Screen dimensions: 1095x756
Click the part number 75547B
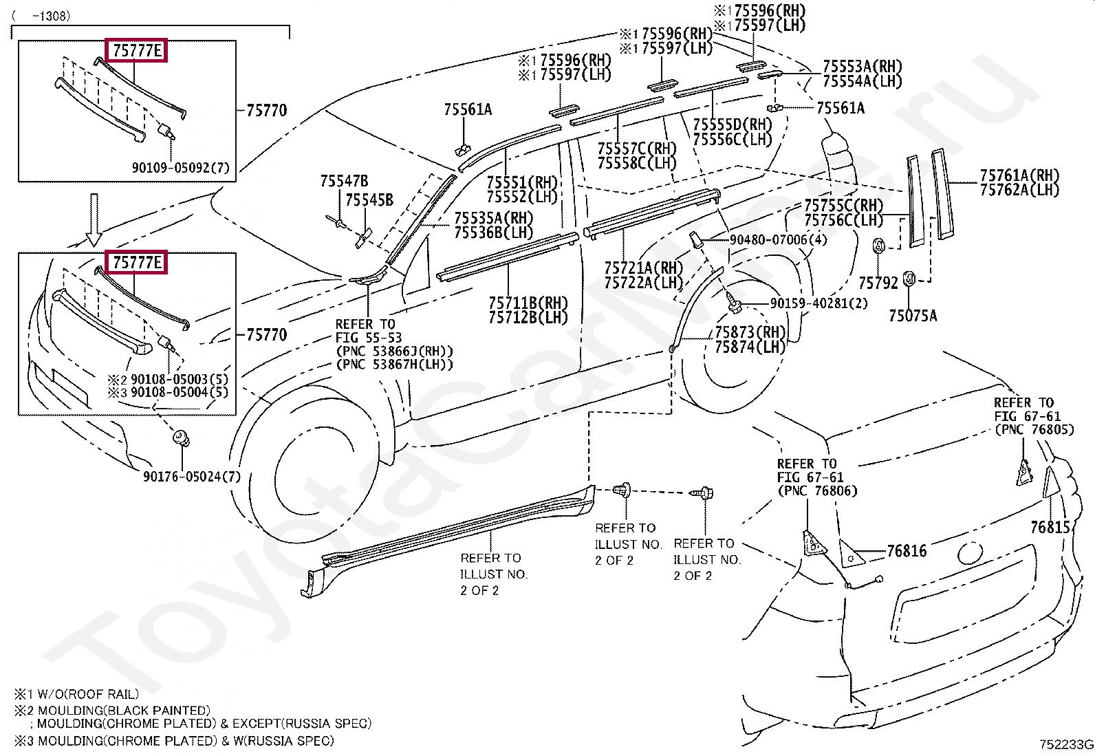[x=344, y=182]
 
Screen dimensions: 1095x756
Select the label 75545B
[x=369, y=200]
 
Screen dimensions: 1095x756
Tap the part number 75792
[x=878, y=283]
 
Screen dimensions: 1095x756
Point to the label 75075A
[x=913, y=316]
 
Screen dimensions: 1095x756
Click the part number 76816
[x=907, y=551]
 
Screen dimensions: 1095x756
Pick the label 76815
[x=1050, y=527]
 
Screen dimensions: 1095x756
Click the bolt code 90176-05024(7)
[x=192, y=476]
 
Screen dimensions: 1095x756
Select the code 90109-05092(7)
[x=180, y=168]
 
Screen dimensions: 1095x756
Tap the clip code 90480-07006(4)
[x=778, y=239]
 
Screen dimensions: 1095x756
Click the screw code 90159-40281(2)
[x=818, y=303]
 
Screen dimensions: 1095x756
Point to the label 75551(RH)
[x=522, y=183]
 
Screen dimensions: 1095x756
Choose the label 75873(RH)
[x=750, y=332]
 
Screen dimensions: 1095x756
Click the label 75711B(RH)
[x=528, y=303]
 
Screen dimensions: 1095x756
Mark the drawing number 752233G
[x=1066, y=745]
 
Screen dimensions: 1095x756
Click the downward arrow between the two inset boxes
[x=94, y=220]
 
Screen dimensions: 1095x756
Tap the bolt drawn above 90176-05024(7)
[x=182, y=438]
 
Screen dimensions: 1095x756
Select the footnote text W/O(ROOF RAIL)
[x=88, y=694]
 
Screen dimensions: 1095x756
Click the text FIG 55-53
[x=369, y=338]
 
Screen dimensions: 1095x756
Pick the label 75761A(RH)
[x=1019, y=175]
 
